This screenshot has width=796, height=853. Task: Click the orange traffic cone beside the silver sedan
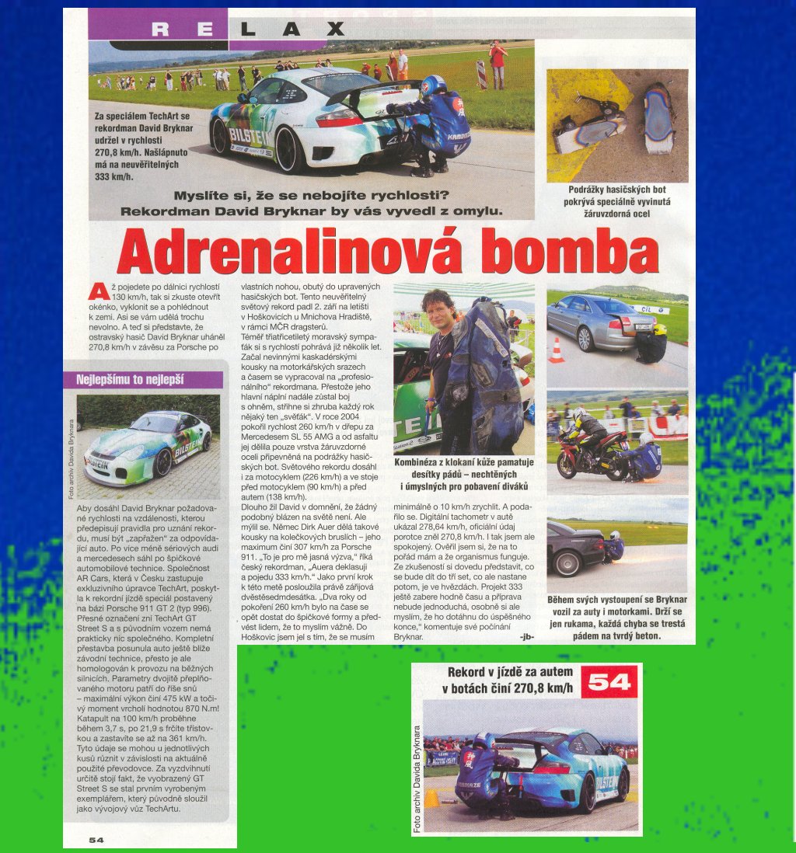(556, 351)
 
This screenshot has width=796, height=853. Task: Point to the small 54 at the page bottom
(96, 839)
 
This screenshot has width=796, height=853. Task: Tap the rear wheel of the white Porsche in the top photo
(289, 148)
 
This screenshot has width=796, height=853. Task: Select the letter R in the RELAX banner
(160, 29)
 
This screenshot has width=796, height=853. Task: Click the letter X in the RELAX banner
(335, 29)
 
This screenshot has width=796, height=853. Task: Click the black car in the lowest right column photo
(573, 548)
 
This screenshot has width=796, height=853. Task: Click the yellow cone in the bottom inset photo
(431, 798)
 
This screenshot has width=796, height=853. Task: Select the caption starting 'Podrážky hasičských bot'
(617, 201)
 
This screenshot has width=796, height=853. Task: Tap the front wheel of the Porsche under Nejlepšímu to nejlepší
(163, 463)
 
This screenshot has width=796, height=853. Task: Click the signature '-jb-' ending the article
(525, 636)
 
